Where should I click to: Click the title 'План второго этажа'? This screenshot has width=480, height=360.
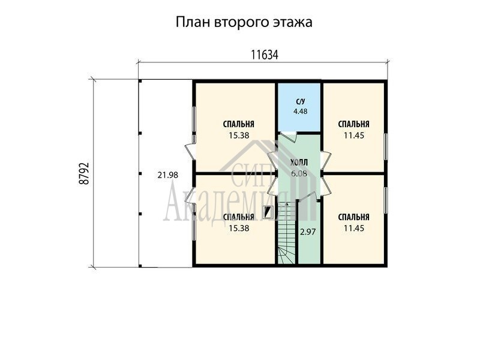244,23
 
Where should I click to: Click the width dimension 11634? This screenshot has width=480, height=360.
265,55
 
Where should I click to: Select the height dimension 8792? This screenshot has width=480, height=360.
84,173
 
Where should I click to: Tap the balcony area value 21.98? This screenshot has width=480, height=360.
168,175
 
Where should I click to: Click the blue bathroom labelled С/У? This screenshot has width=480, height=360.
299,108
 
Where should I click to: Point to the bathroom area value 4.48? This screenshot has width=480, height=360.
301,112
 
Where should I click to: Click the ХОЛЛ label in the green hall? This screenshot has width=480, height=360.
299,163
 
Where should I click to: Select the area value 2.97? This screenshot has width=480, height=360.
308,232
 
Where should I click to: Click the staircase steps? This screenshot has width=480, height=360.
287,233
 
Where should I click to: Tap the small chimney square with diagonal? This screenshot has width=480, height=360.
268,212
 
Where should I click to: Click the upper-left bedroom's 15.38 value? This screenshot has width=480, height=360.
239,136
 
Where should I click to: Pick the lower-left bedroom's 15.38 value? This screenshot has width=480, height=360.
239,229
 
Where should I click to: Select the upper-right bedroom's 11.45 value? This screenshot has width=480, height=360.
354,136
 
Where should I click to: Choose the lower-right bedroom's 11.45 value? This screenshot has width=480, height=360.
354,229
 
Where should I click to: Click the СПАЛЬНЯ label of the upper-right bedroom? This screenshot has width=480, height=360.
354,124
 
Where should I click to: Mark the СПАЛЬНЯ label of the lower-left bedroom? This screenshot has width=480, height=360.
239,217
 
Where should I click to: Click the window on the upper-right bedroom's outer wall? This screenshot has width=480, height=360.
386,146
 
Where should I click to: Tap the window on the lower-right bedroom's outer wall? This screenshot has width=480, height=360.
386,200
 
